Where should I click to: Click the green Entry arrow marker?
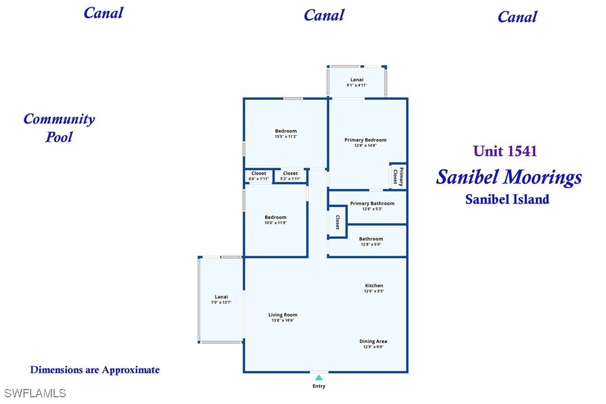pyautogui.click(x=319, y=378)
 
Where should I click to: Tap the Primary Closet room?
pyautogui.click(x=398, y=177)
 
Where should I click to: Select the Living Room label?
pyautogui.click(x=283, y=315)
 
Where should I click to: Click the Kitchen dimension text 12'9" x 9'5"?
pyautogui.click(x=374, y=291)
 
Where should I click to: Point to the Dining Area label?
pyautogui.click(x=373, y=342)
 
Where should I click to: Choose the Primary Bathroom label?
pyautogui.click(x=372, y=203)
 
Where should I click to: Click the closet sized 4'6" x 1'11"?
pyautogui.click(x=258, y=176)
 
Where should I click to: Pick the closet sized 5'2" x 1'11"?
pyautogui.click(x=290, y=176)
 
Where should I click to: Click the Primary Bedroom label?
pyautogui.click(x=365, y=140)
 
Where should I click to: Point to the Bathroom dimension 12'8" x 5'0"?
pyautogui.click(x=371, y=244)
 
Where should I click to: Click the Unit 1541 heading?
pyautogui.click(x=505, y=151)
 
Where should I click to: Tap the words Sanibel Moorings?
pyautogui.click(x=509, y=177)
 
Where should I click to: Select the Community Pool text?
pyautogui.click(x=59, y=128)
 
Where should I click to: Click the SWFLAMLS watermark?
pyautogui.click(x=35, y=393)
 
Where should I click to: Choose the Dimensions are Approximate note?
pyautogui.click(x=95, y=370)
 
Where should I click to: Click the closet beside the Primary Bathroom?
pyautogui.click(x=338, y=222)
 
